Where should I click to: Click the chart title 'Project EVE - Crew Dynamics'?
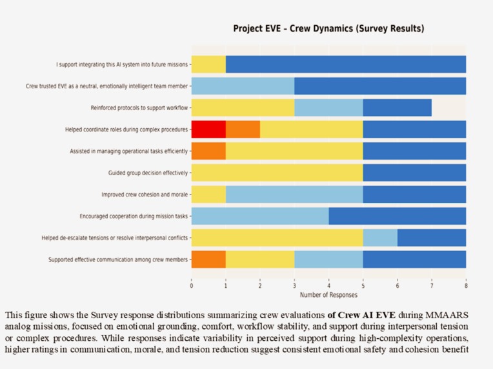(328, 29)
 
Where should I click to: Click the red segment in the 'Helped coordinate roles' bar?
(208, 129)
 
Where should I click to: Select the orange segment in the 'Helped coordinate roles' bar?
(243, 129)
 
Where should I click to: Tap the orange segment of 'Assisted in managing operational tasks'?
(208, 151)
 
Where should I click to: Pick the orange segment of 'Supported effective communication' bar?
(208, 260)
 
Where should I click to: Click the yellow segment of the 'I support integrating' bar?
(208, 64)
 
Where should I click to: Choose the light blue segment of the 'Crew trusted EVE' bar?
(243, 86)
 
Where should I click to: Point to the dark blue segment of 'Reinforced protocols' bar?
(397, 108)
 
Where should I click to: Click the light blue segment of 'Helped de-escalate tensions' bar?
(380, 238)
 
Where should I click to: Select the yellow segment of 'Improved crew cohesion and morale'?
(208, 194)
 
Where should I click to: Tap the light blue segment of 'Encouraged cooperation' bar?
(260, 216)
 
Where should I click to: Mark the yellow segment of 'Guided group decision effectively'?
(277, 173)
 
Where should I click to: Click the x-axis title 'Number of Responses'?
(328, 295)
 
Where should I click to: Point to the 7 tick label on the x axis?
(432, 284)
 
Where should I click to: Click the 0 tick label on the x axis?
(192, 284)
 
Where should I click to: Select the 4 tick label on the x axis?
(328, 284)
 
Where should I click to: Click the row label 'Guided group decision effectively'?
(148, 173)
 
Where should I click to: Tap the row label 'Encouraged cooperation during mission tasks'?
(134, 216)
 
